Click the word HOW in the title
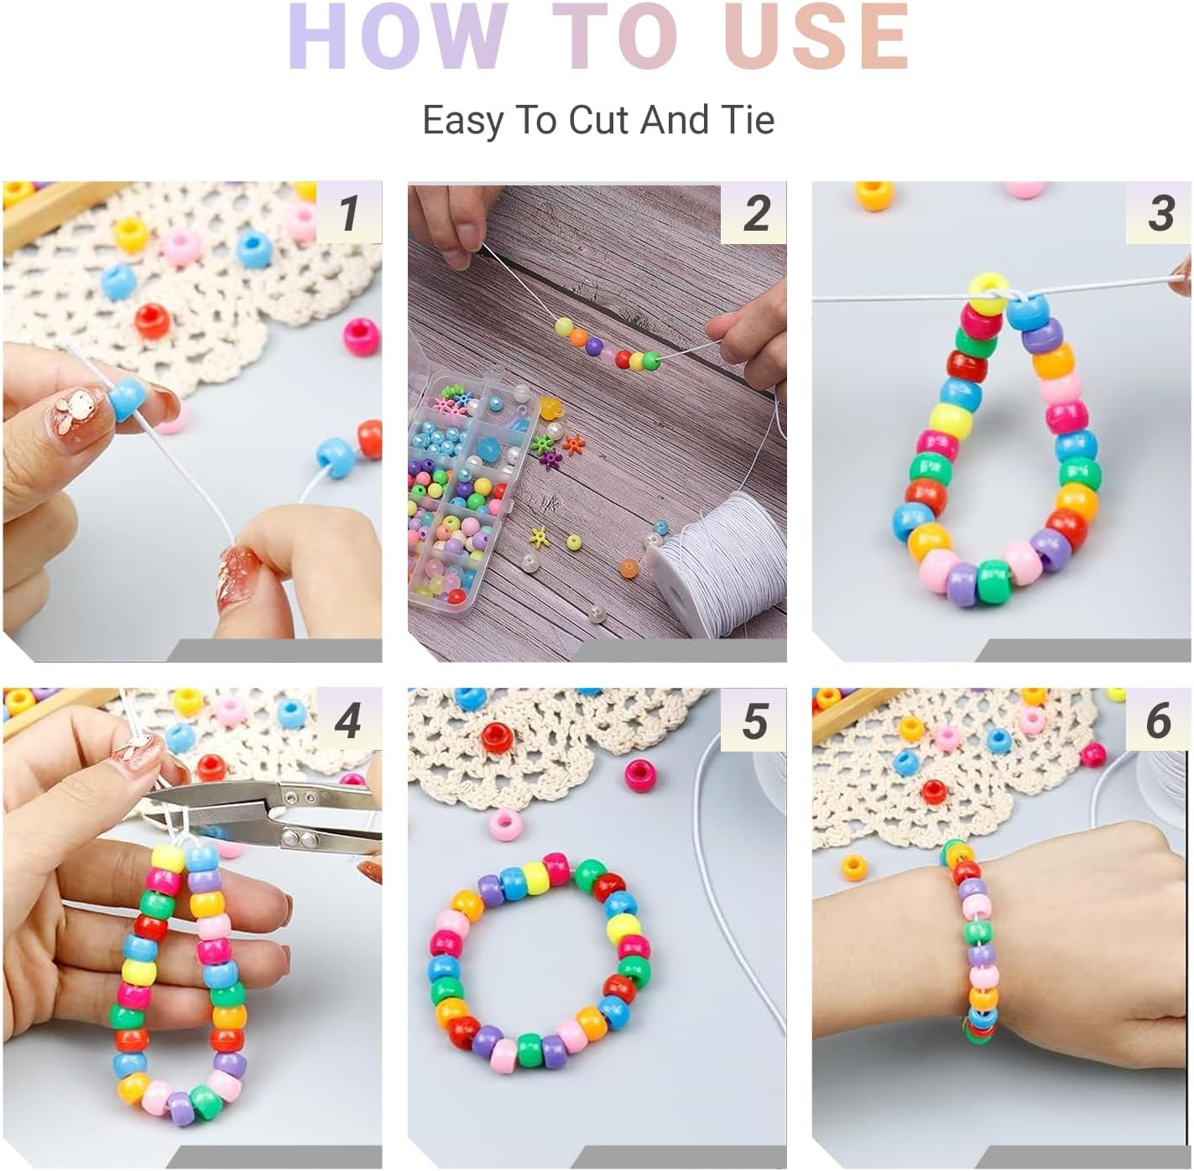(x=397, y=36)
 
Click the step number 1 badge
(x=349, y=212)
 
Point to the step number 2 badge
(x=754, y=212)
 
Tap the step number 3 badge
(x=1160, y=212)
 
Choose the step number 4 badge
(x=349, y=720)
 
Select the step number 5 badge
(x=754, y=720)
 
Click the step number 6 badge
(x=1160, y=720)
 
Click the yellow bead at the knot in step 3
(x=989, y=293)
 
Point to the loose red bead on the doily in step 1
(x=153, y=321)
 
